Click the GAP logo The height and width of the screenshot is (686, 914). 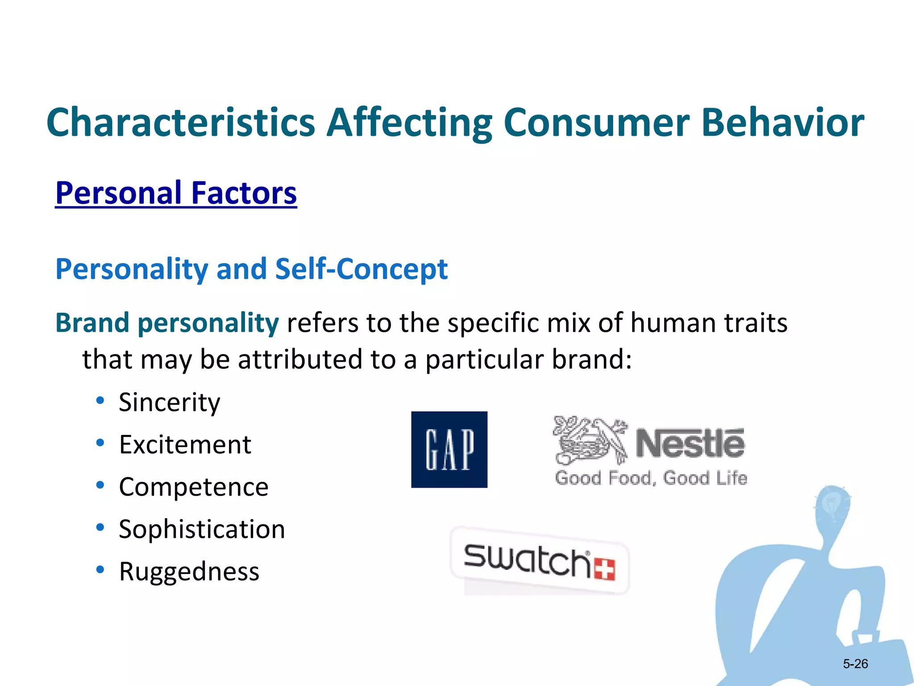coord(449,449)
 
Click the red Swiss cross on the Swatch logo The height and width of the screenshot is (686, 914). coord(605,569)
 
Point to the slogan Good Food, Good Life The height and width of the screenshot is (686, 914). coord(651,478)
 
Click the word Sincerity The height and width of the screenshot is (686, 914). coord(169,402)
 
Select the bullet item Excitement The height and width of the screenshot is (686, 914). coord(185,444)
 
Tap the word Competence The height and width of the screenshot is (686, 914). coord(193,487)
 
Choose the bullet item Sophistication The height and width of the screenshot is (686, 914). coord(202,529)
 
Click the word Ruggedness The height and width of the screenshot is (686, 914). coord(189,572)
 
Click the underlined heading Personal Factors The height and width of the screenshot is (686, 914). coord(176,193)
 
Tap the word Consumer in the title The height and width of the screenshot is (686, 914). coord(597,122)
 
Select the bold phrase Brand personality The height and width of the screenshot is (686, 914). coord(167,323)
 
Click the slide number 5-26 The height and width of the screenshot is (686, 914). coord(855,664)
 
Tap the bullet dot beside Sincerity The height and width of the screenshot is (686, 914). coord(100,400)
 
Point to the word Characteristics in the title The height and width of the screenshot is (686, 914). coord(181,122)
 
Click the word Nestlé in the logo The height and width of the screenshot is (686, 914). coord(690,443)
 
